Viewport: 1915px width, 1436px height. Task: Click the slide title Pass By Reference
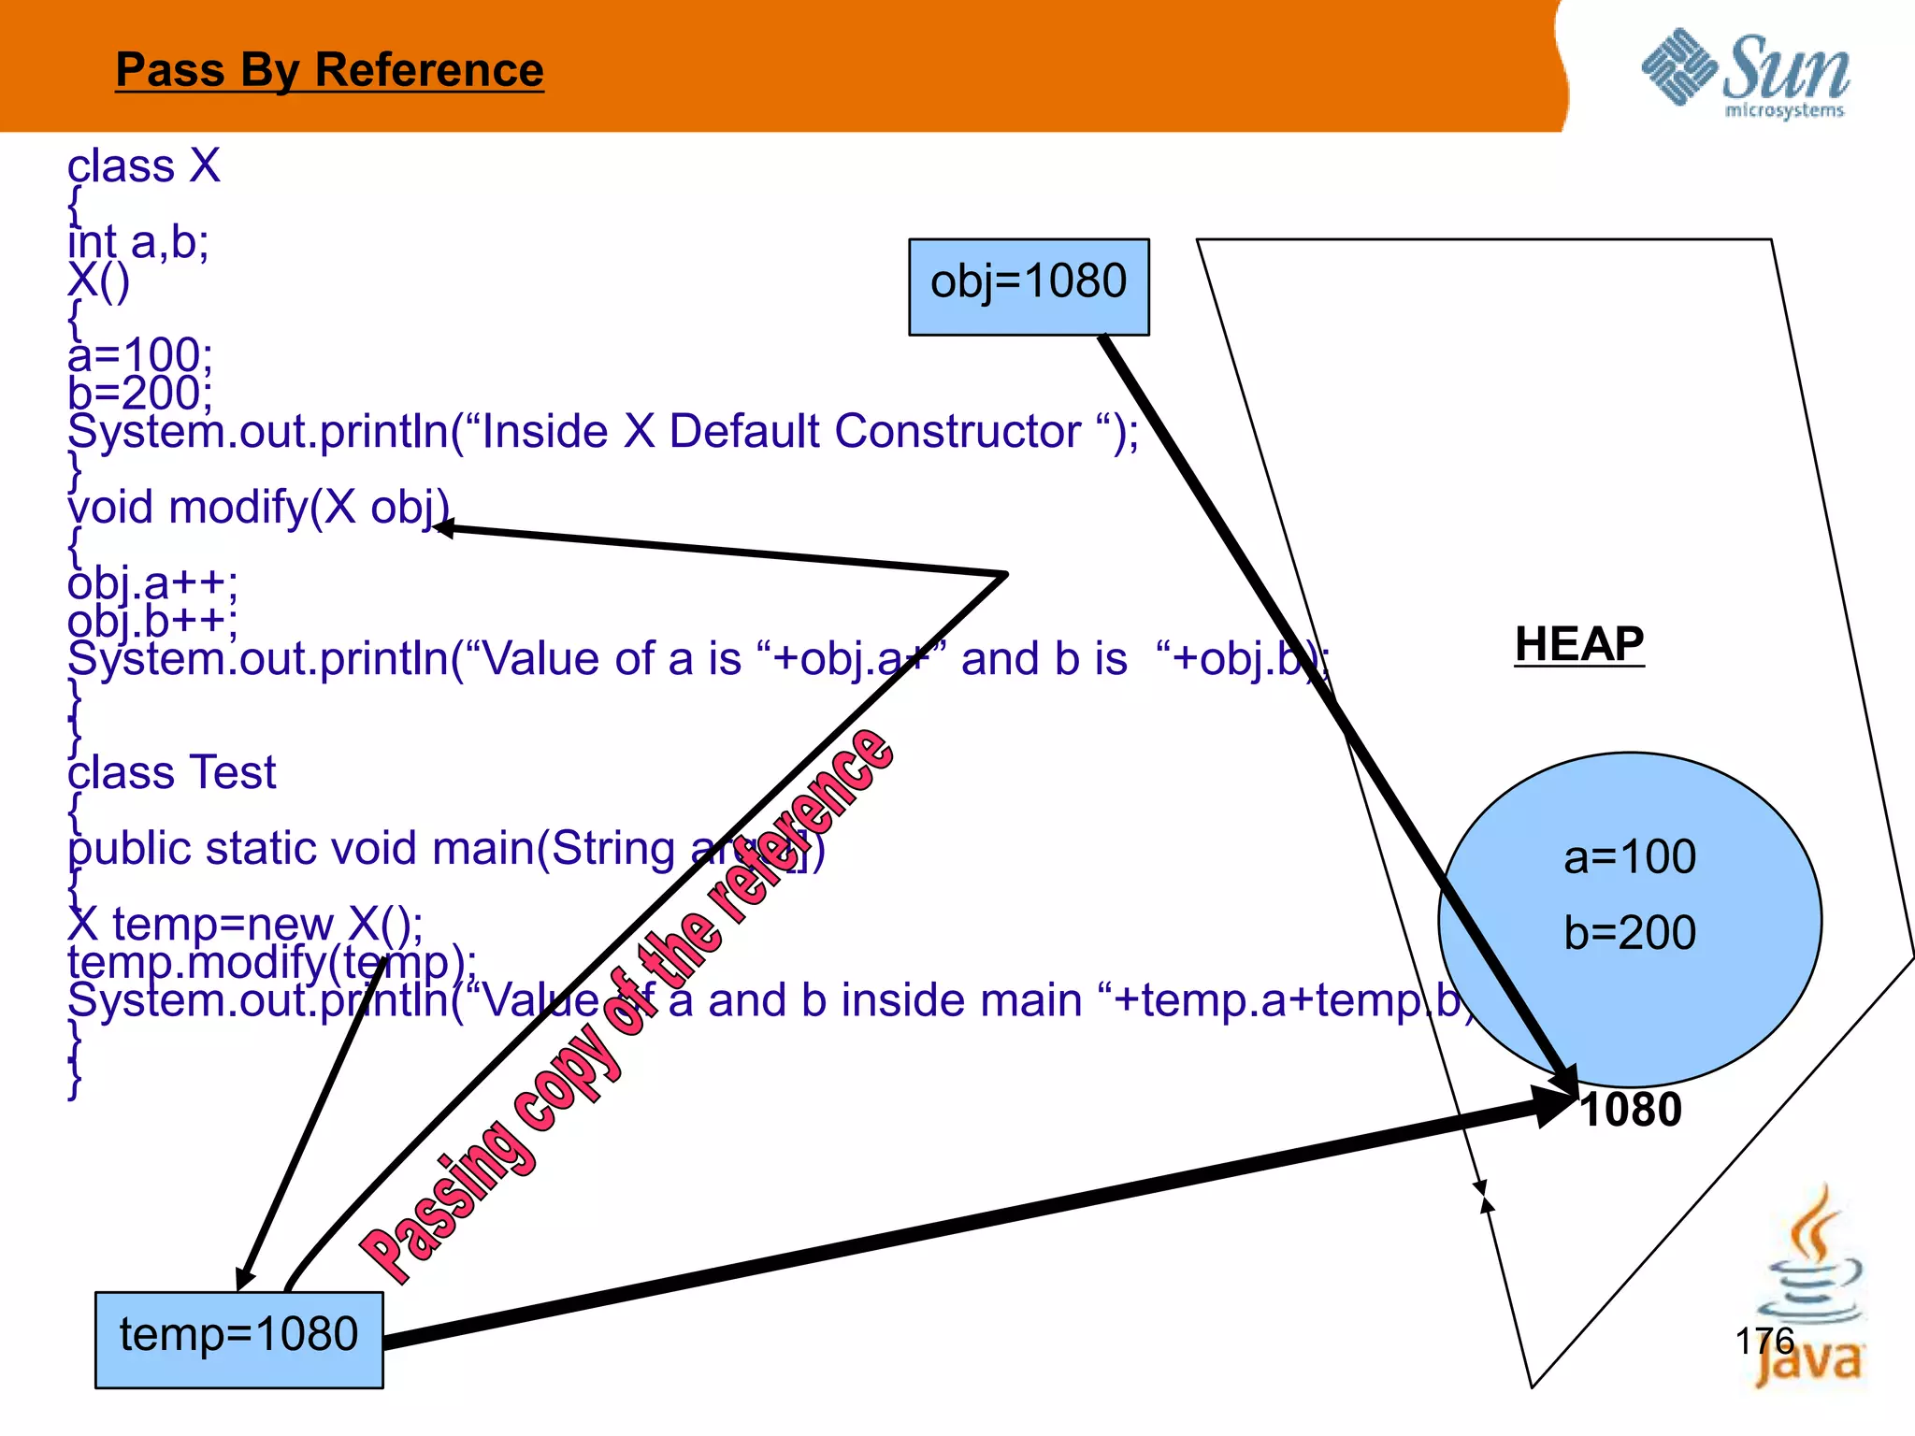click(329, 70)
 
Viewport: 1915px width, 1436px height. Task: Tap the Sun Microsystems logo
click(1746, 73)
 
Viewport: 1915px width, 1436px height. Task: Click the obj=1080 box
click(1029, 286)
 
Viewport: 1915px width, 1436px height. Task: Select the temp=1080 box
click(238, 1339)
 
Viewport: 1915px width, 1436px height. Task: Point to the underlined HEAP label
click(1578, 644)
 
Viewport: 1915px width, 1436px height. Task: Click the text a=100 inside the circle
click(1630, 856)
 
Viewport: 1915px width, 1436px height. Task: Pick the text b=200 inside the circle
click(1630, 932)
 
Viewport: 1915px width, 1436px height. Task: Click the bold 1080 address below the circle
click(1631, 1110)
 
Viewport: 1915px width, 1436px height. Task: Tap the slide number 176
click(1764, 1341)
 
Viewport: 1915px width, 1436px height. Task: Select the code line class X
click(143, 166)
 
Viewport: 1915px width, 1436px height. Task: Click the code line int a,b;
click(138, 242)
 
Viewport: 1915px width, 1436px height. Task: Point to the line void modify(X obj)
click(258, 508)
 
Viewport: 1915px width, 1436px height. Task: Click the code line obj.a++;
click(152, 583)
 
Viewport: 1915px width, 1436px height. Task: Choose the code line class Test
click(171, 773)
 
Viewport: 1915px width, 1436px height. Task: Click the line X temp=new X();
click(245, 924)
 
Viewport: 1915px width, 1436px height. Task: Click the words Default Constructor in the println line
click(874, 432)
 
